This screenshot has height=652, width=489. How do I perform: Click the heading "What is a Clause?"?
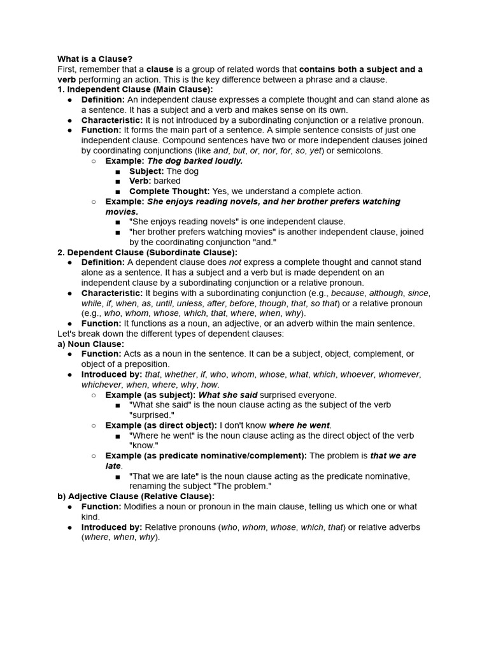click(x=95, y=59)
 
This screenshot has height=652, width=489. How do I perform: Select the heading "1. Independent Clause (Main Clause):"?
click(x=135, y=89)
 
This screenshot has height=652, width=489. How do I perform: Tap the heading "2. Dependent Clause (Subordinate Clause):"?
click(x=147, y=252)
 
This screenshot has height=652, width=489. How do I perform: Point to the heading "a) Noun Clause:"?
click(x=90, y=344)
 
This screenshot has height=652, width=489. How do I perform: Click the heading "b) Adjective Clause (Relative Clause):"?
click(x=136, y=497)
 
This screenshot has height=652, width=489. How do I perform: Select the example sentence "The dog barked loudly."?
click(x=195, y=160)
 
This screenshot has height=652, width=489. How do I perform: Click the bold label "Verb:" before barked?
click(x=140, y=181)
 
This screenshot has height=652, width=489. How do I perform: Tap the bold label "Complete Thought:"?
click(x=169, y=191)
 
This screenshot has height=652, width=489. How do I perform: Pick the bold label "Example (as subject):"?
click(x=150, y=395)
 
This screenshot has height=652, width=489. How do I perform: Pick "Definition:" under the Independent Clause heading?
click(x=103, y=99)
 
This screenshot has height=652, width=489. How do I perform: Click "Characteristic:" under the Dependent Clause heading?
click(x=111, y=293)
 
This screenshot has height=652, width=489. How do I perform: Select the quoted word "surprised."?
click(x=152, y=415)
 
